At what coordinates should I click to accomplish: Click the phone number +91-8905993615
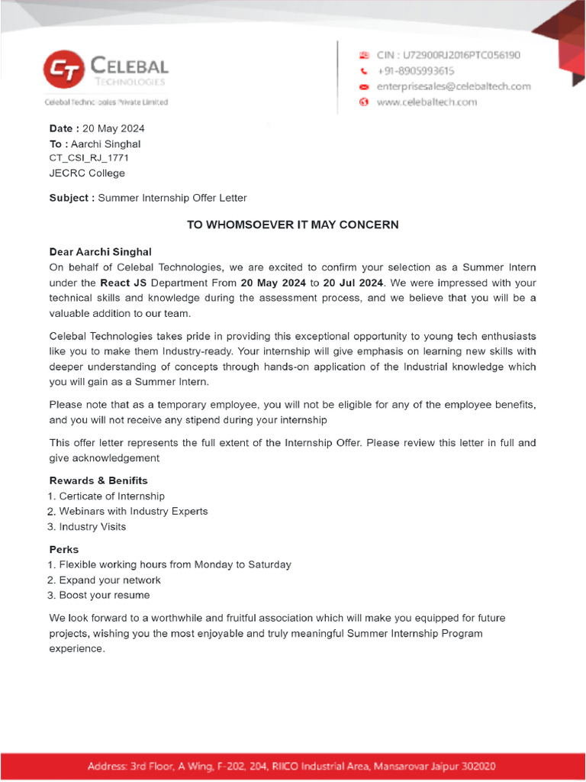pyautogui.click(x=423, y=70)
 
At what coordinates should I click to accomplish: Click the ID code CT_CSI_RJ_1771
pyautogui.click(x=89, y=158)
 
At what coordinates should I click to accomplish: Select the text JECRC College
pyautogui.click(x=87, y=173)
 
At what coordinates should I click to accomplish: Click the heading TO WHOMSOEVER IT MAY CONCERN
pyautogui.click(x=293, y=225)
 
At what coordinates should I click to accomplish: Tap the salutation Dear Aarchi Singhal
pyautogui.click(x=100, y=251)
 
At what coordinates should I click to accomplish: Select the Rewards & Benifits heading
pyautogui.click(x=98, y=480)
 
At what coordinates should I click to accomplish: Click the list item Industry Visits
pyautogui.click(x=92, y=526)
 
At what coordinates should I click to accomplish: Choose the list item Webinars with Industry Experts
pyautogui.click(x=133, y=511)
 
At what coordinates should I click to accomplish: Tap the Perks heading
pyautogui.click(x=64, y=549)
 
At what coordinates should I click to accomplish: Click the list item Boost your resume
pyautogui.click(x=104, y=595)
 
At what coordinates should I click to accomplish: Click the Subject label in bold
pyautogui.click(x=72, y=198)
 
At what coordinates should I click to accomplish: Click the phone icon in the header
pyautogui.click(x=364, y=70)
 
